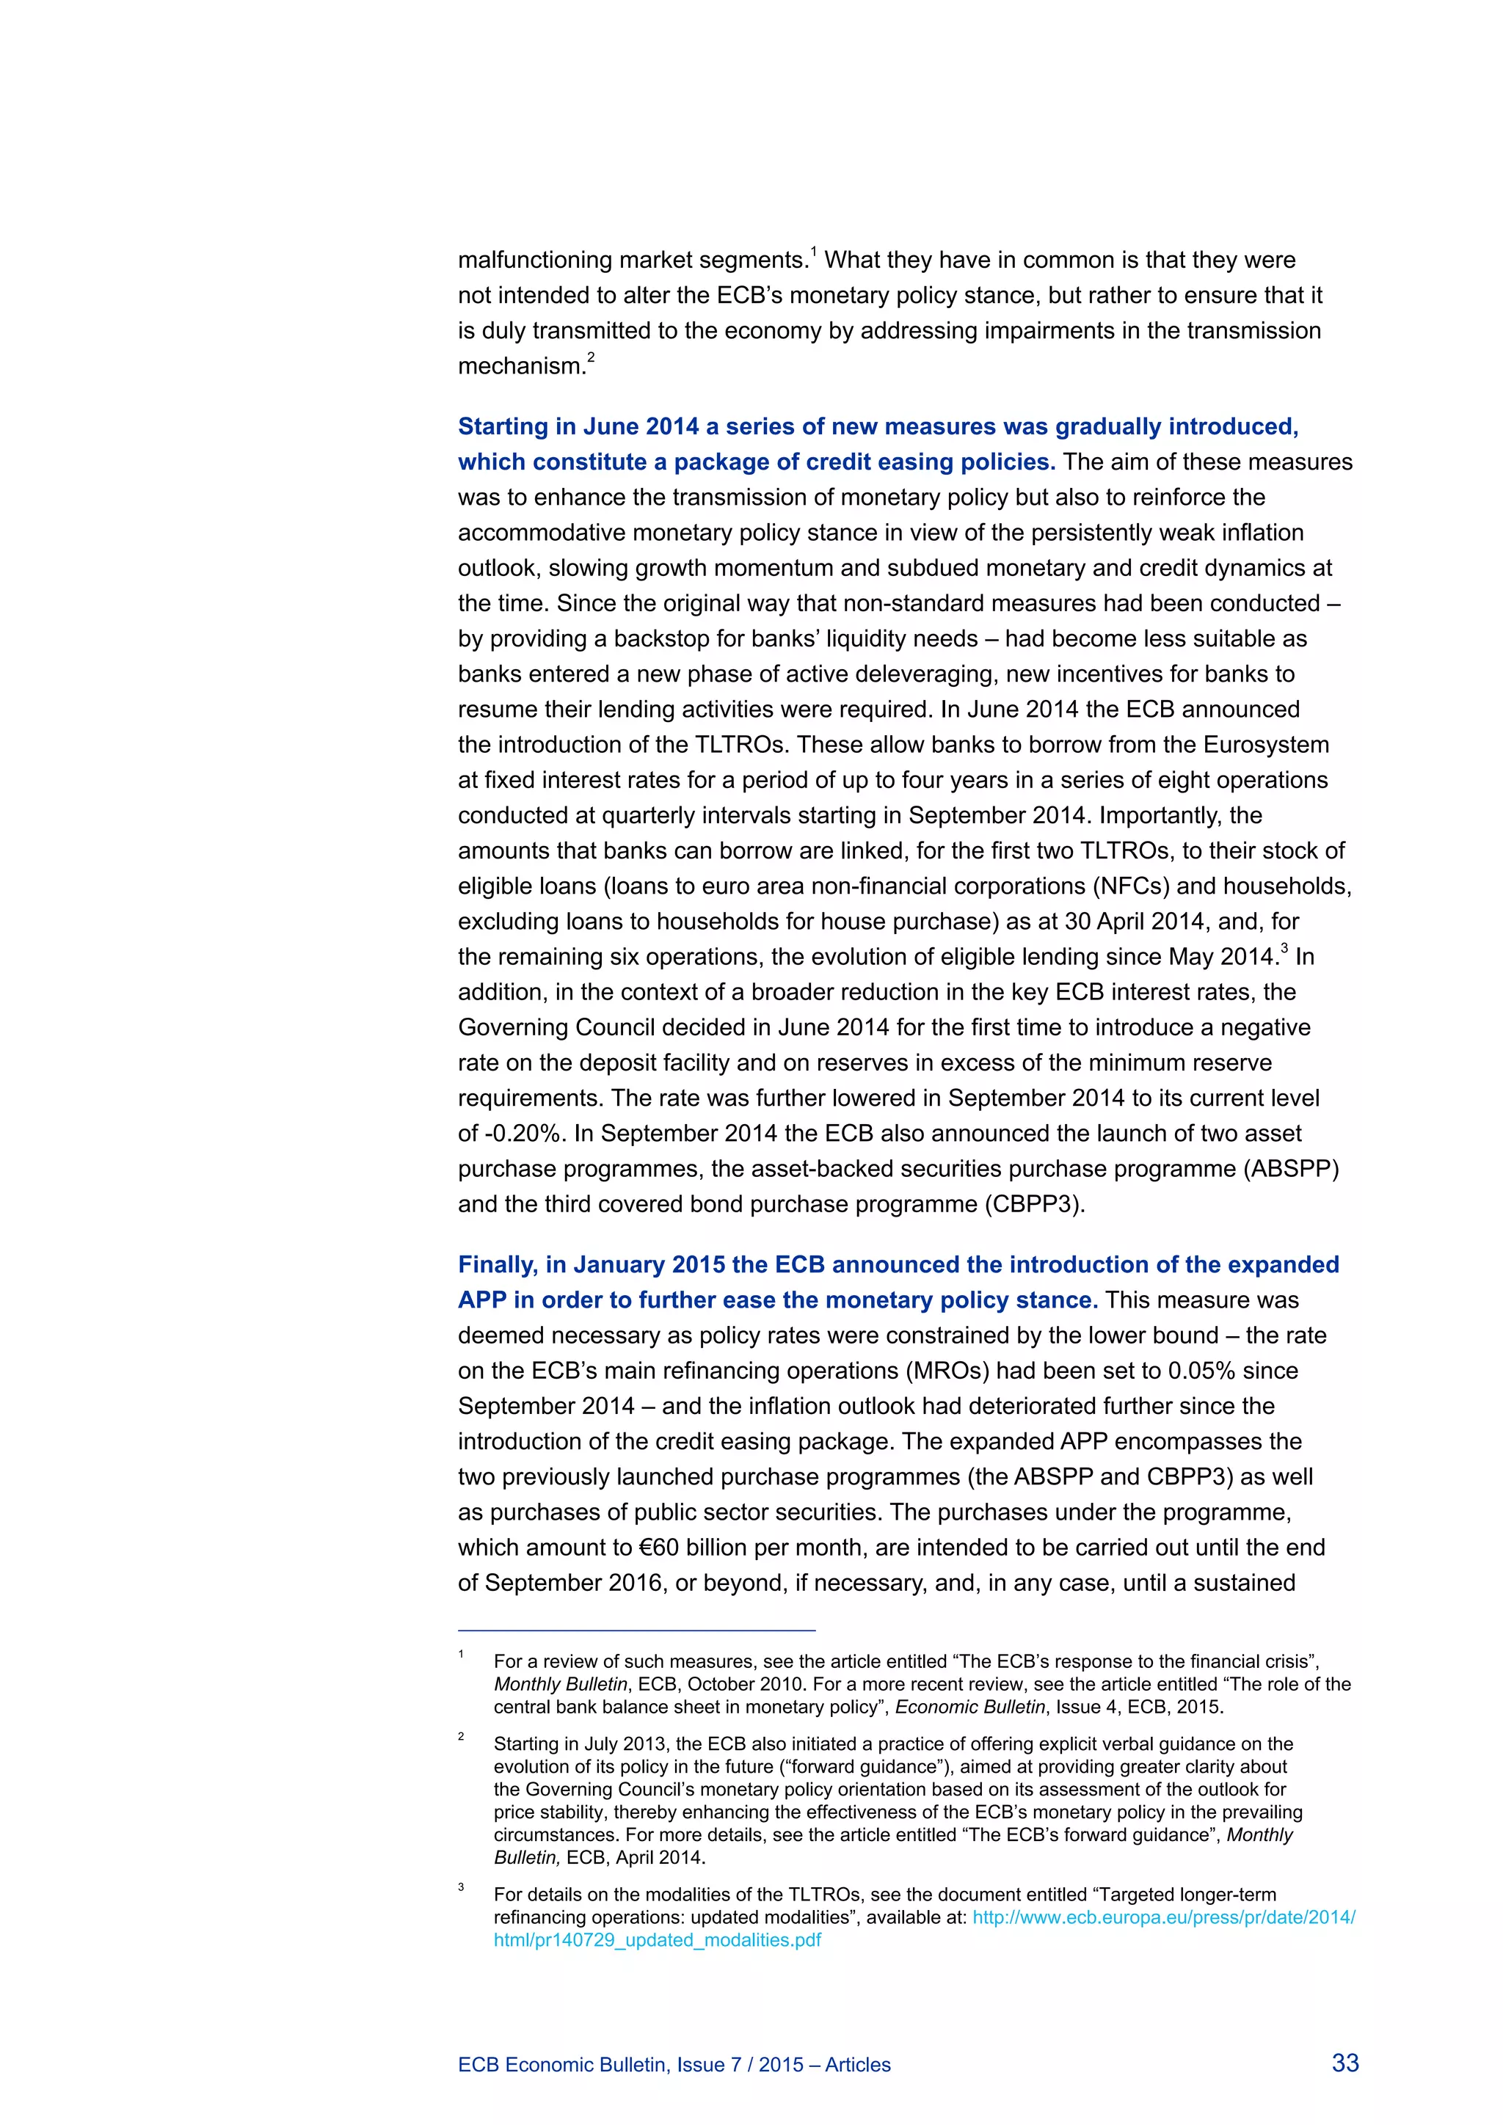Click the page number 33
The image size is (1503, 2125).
[x=1344, y=2063]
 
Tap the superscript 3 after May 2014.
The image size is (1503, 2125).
[x=1284, y=949]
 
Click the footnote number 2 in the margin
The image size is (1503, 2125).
[x=461, y=1738]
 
